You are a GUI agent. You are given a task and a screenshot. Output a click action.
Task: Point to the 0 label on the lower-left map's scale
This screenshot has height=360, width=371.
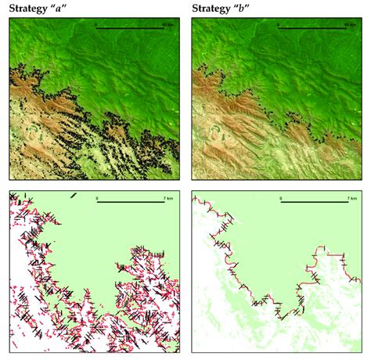(x=96, y=199)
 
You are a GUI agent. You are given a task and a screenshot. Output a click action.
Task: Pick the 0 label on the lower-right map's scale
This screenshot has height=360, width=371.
(x=280, y=199)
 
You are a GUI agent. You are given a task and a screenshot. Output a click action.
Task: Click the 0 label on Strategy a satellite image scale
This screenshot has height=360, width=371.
(x=96, y=24)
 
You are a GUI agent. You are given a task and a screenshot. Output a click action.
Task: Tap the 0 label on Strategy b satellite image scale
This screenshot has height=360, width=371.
(x=280, y=24)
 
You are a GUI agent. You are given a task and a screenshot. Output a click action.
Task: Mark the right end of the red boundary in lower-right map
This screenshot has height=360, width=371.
(x=359, y=279)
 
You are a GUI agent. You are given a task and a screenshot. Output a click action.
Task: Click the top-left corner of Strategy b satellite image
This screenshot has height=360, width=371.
(x=192, y=19)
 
